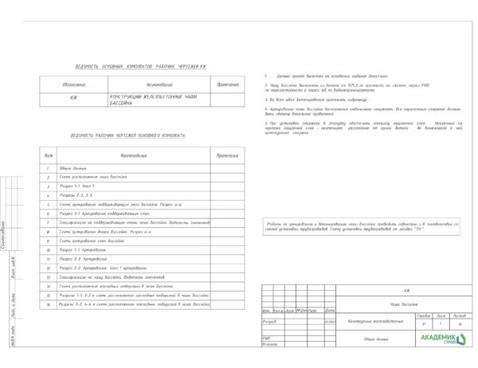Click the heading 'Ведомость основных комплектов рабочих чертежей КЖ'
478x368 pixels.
[x=140, y=66]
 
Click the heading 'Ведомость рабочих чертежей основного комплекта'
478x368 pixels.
[x=127, y=135]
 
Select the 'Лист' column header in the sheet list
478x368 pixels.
[x=48, y=155]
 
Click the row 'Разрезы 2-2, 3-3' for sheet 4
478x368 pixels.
[x=76, y=195]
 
